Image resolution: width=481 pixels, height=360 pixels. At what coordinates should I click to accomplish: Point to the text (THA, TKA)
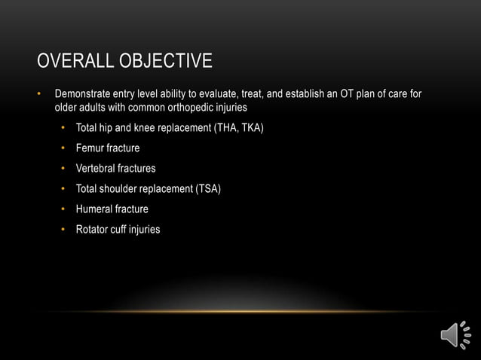click(x=239, y=127)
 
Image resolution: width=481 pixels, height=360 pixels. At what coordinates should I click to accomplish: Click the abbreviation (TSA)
click(x=208, y=188)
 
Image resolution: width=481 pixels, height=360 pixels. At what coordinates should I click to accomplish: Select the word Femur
click(x=90, y=148)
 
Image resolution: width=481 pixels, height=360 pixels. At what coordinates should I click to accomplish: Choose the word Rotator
click(x=93, y=229)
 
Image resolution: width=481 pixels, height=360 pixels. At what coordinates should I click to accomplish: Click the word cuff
click(x=119, y=229)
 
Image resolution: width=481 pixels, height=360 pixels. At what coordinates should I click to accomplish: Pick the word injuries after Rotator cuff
click(x=146, y=229)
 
